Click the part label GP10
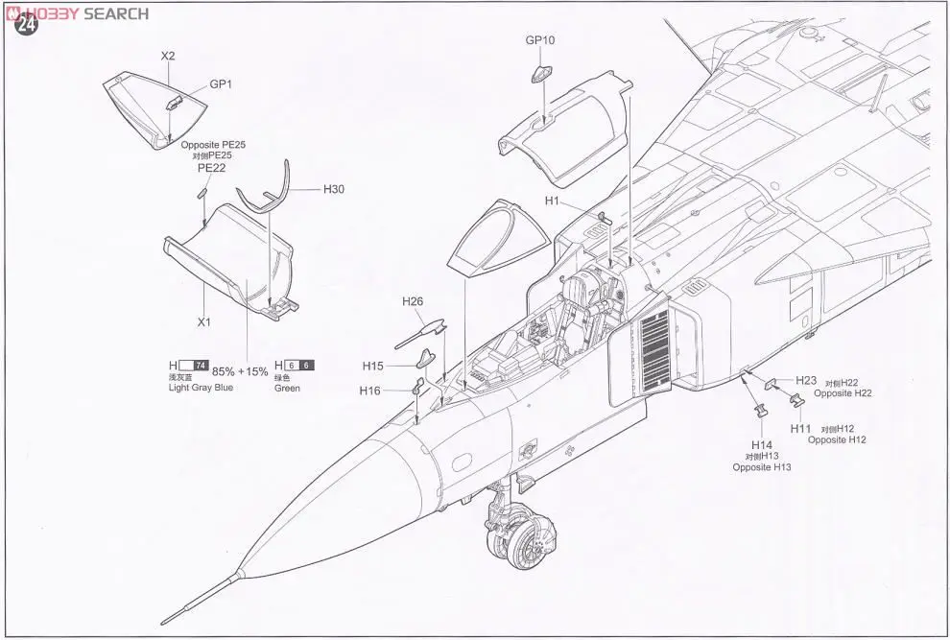tap(540, 40)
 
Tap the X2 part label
tap(168, 56)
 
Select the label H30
tap(333, 189)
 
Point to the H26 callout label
tap(413, 301)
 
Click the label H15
tap(373, 366)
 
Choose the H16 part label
tap(370, 391)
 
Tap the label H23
tap(805, 381)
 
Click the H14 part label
tap(762, 445)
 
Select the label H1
tap(552, 201)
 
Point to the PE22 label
tap(210, 167)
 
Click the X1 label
tap(203, 322)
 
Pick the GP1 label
tap(222, 84)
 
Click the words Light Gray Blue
tap(201, 388)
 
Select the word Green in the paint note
tap(287, 388)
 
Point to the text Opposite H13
tap(762, 467)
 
